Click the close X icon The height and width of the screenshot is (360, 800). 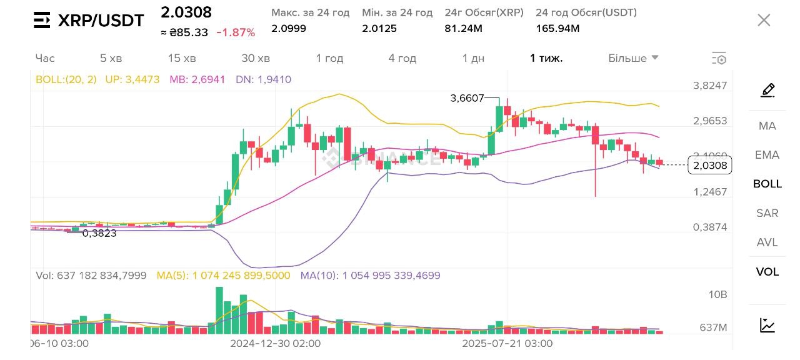(x=764, y=20)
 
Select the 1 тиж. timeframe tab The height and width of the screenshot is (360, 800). (x=546, y=58)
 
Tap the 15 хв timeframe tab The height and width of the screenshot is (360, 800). (x=182, y=58)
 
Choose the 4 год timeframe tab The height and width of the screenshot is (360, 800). (x=402, y=58)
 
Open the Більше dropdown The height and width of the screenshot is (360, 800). (x=633, y=58)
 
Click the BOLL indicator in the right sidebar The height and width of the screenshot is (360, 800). (x=767, y=184)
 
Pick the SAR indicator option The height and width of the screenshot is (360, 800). (x=767, y=213)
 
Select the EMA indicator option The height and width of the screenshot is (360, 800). (x=767, y=155)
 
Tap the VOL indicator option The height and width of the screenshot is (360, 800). (x=767, y=272)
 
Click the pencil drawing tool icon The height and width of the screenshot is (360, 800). (x=767, y=90)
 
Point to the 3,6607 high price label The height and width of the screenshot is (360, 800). (x=467, y=98)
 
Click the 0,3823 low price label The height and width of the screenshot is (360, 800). (x=99, y=233)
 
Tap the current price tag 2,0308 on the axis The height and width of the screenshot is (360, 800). (x=709, y=165)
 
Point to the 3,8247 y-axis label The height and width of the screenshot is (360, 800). (x=710, y=86)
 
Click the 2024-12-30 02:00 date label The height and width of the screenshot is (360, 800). (x=275, y=343)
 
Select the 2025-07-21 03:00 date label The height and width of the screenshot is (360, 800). (x=507, y=343)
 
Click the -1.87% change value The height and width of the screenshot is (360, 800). (x=236, y=32)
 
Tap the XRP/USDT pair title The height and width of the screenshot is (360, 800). (x=101, y=21)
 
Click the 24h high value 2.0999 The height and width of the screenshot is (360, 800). (x=289, y=28)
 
